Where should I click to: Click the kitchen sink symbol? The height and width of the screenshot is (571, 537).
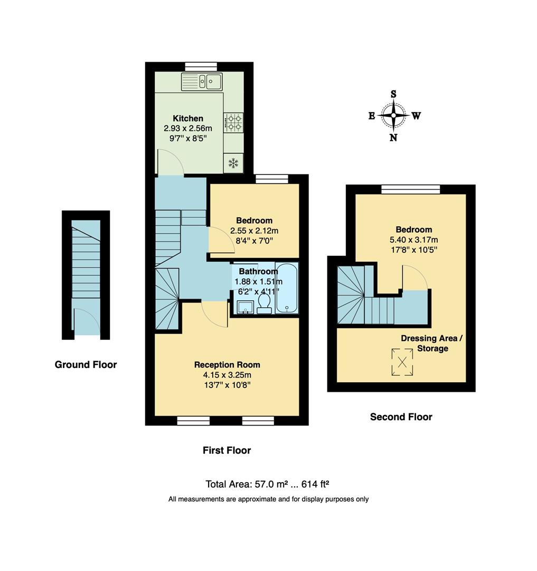[x=203, y=82]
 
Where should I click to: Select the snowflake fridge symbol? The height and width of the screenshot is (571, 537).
[x=232, y=163]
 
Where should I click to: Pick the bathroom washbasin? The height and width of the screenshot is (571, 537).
[x=244, y=307]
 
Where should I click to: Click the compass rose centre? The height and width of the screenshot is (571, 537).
[x=394, y=115]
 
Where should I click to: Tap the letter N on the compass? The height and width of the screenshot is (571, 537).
[x=393, y=137]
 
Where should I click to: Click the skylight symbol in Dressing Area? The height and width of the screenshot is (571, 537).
[x=402, y=363]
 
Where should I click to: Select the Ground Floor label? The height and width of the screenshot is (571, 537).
[x=86, y=365]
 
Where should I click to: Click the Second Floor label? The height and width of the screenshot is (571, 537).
[x=401, y=417]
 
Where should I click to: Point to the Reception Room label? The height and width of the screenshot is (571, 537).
[x=227, y=365]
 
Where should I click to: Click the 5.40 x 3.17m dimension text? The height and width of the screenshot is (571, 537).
[x=406, y=240]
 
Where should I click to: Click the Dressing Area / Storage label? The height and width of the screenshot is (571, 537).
[x=432, y=343]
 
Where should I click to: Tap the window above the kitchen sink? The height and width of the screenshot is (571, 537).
[x=201, y=66]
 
